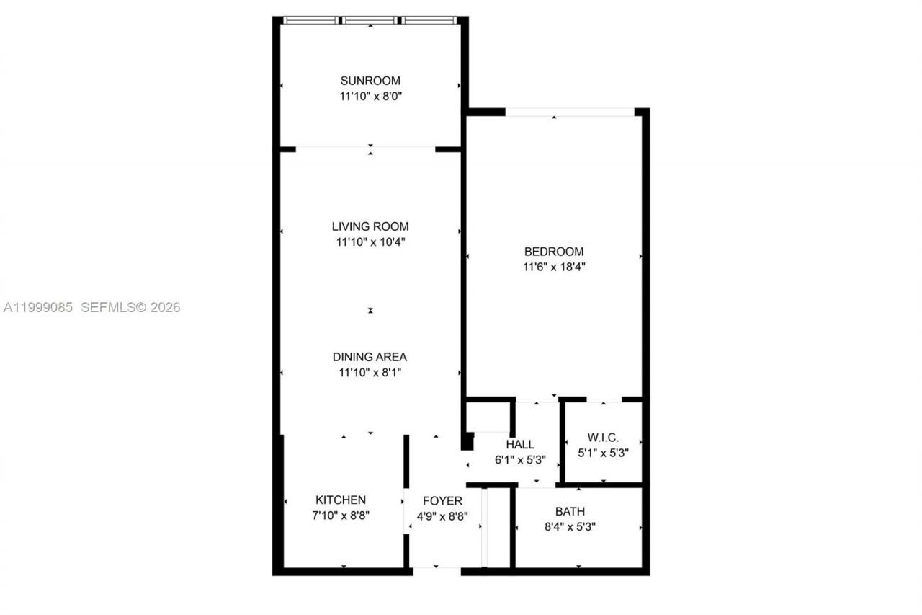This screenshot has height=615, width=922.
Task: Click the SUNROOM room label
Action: coord(370,81)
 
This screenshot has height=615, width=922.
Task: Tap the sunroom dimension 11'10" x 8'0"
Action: coord(370,96)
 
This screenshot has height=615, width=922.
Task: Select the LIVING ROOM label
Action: coord(370,226)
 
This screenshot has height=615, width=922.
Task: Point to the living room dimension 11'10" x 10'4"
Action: coord(370,242)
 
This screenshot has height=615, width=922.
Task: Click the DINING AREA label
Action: coord(370,357)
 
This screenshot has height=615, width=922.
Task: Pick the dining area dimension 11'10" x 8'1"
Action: coord(370,373)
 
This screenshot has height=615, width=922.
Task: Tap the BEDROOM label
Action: coord(554,252)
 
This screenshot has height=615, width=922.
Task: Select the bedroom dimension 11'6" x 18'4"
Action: coord(554,267)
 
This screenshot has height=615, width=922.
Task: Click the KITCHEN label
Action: coord(341,500)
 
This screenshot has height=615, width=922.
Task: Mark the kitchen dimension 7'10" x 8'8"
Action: coord(341,516)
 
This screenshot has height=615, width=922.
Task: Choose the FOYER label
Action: coord(442,501)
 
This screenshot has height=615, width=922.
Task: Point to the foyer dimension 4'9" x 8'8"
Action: coord(442,516)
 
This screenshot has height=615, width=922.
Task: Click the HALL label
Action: coord(520,444)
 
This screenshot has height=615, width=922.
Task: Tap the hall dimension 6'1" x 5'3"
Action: coord(520,459)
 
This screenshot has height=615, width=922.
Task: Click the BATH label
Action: coord(570,511)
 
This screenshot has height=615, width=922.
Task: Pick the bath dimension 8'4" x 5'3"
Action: coord(570,526)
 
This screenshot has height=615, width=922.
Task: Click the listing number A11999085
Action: coord(38,308)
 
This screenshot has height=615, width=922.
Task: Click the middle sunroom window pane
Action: coord(370,20)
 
